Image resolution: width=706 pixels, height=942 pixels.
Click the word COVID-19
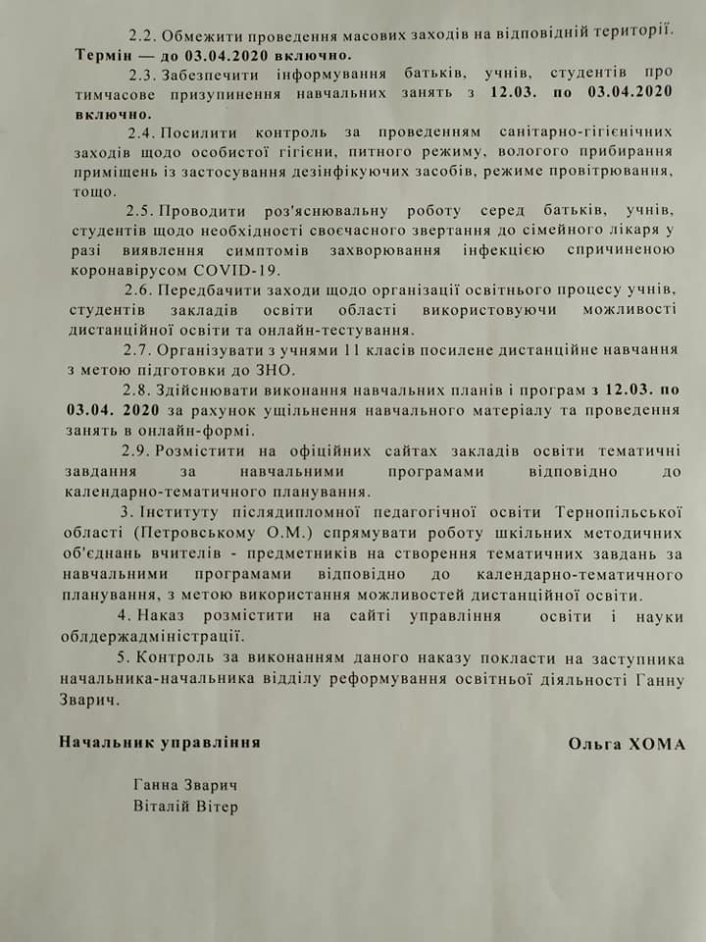point(241,270)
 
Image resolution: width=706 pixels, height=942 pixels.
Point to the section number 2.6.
point(140,290)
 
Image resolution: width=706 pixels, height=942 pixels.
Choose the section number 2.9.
point(140,450)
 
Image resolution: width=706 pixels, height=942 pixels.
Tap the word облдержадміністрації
point(141,635)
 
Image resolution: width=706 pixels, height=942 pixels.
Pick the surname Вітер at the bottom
point(216,807)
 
